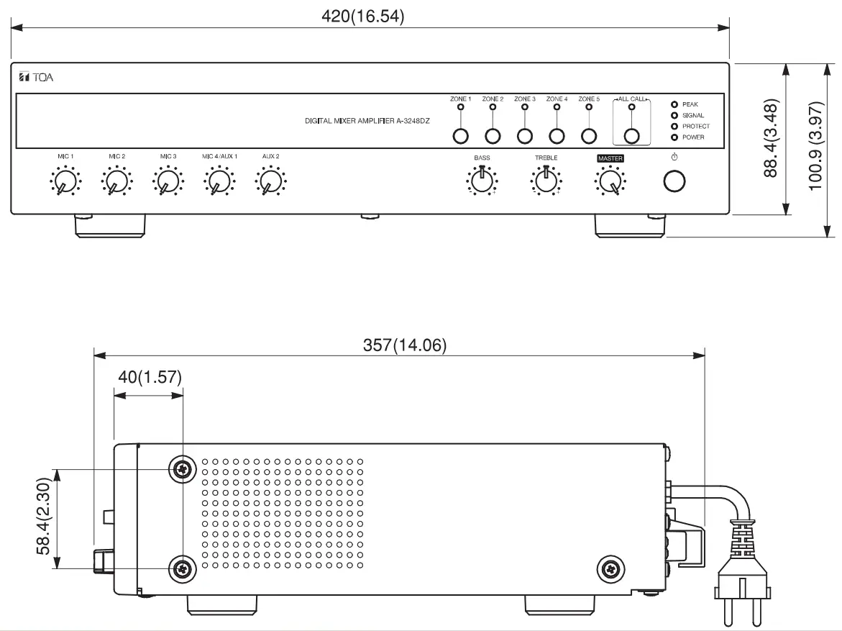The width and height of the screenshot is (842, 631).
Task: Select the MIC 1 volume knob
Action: pos(65,182)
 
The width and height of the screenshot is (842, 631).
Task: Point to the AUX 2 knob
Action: pos(270,182)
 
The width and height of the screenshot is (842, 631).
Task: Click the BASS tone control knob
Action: pos(482,182)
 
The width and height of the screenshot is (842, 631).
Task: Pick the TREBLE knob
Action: pos(546,182)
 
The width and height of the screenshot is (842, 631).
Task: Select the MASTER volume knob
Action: pos(610,182)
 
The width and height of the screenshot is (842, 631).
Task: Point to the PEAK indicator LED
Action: pos(674,104)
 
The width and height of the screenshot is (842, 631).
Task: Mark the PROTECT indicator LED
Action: pos(674,126)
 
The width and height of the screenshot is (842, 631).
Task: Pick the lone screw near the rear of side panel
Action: pos(610,569)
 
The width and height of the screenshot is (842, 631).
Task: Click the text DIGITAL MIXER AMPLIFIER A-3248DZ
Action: pos(367,122)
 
